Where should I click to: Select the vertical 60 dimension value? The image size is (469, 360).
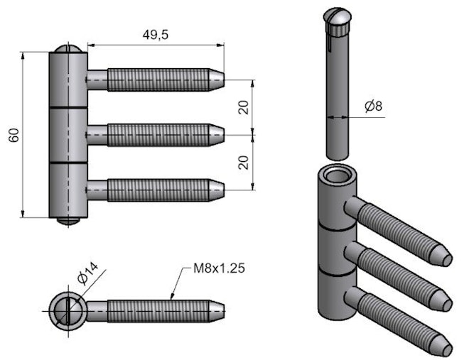(14, 135)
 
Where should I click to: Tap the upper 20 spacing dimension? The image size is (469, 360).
(244, 107)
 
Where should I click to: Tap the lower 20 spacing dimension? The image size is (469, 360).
(244, 162)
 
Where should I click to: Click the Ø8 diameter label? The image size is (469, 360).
(373, 107)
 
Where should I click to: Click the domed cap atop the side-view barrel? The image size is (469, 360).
(68, 50)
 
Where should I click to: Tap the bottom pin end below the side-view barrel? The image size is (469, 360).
(68, 221)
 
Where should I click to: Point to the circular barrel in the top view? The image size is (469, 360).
(68, 310)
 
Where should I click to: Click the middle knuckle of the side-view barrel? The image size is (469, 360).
(68, 135)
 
